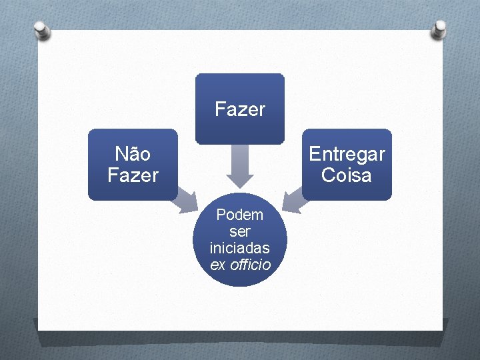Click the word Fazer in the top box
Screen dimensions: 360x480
[x=240, y=109]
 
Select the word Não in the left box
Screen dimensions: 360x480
[x=133, y=154]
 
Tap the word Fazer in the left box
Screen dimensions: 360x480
[x=133, y=175]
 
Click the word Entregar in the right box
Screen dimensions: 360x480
[x=347, y=154]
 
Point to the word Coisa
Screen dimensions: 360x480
[x=347, y=175]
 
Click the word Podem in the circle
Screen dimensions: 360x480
[x=240, y=215]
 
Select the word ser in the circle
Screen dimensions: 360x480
[x=240, y=231]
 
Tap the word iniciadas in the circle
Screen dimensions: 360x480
[x=240, y=248]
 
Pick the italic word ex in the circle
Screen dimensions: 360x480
[x=218, y=265]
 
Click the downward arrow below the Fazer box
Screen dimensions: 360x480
[x=240, y=167]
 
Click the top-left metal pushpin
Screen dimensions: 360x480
[x=41, y=30]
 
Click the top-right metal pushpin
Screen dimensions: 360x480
[x=439, y=29]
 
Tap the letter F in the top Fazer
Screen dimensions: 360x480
[x=219, y=109]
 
